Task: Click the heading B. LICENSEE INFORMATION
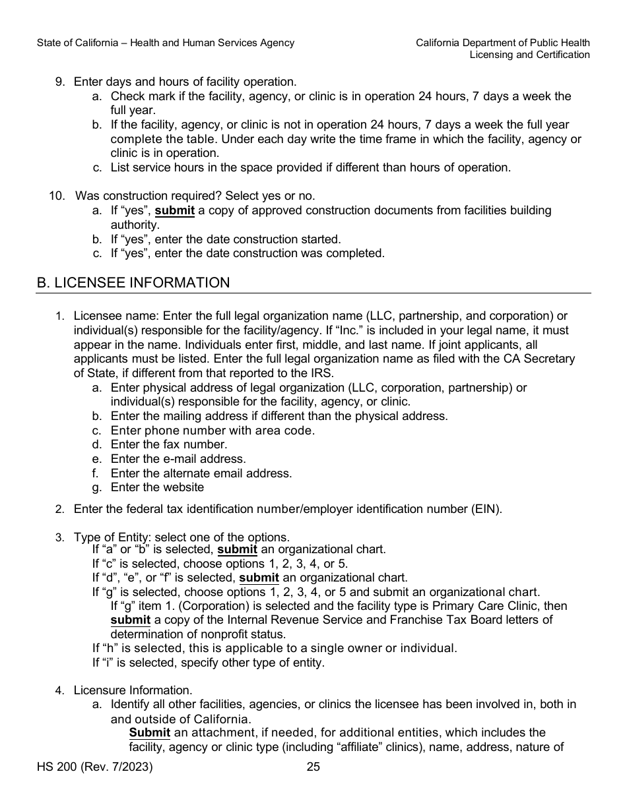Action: (133, 283)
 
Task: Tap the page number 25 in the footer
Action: (313, 766)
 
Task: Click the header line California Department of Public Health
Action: (502, 43)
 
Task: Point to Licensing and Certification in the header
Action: (529, 55)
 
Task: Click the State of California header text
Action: (166, 43)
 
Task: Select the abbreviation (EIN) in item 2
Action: (488, 509)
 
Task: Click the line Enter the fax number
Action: (169, 444)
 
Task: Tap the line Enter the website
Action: (157, 487)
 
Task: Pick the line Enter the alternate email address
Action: (201, 473)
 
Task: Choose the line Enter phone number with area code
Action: (213, 431)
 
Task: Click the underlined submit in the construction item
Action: (174, 211)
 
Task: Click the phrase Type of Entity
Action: (106, 537)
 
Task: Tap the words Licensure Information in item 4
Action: (133, 690)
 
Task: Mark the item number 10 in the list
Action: (57, 196)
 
